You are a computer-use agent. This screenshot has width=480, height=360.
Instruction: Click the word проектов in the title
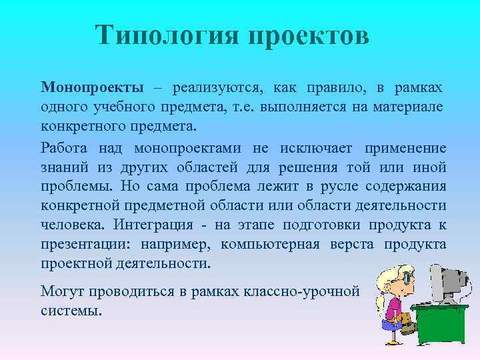click(x=308, y=35)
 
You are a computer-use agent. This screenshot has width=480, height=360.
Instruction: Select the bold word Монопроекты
click(x=92, y=87)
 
